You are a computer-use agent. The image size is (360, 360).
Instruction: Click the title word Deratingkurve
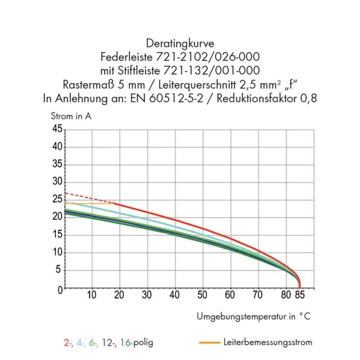[180, 44]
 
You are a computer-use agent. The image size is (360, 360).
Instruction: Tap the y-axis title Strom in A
[71, 116]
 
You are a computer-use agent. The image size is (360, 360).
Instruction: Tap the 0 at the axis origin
[60, 289]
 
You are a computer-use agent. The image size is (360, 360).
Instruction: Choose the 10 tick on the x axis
[91, 295]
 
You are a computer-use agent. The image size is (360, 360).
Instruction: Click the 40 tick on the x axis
[175, 295]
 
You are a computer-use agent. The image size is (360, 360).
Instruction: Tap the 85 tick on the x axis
[300, 295]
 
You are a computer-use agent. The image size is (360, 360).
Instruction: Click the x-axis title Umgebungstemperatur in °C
[253, 316]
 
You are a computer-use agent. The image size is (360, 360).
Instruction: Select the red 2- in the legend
[68, 342]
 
